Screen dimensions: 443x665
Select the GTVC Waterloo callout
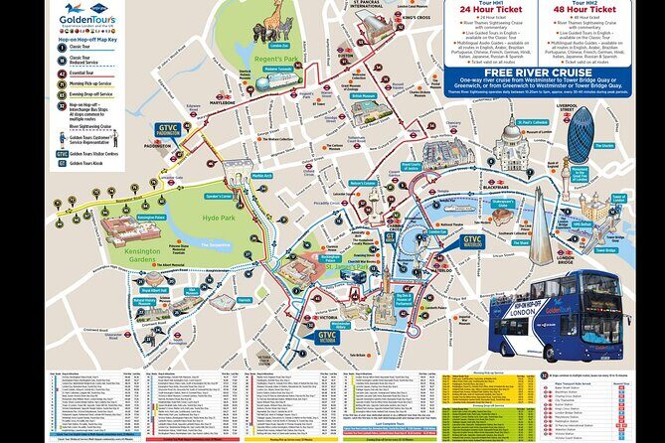click(x=472, y=241)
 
